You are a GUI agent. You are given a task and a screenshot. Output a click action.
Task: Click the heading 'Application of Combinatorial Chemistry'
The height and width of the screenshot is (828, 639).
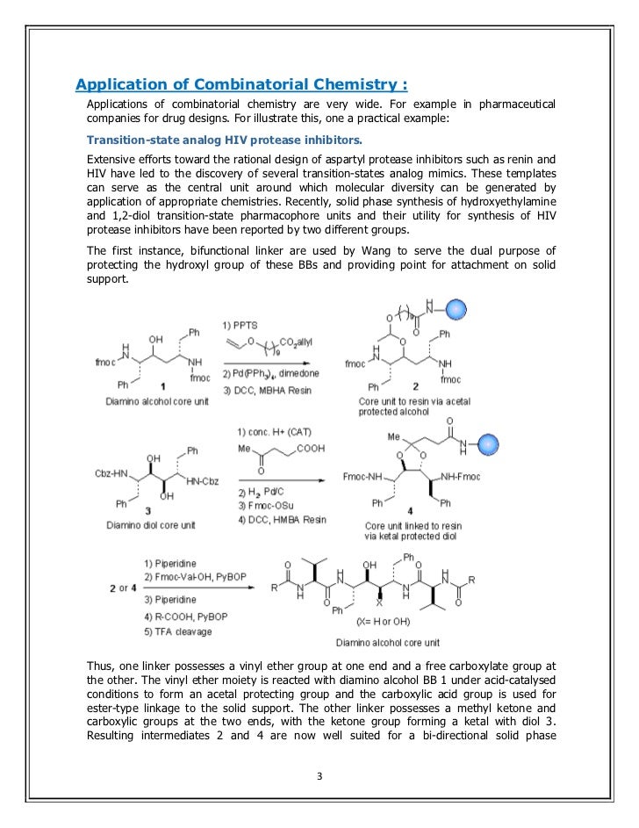[241, 85]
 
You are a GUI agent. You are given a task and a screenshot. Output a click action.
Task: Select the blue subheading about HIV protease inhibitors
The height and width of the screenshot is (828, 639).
[224, 140]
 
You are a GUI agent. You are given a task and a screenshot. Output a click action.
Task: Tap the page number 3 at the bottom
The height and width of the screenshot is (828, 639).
[319, 775]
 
